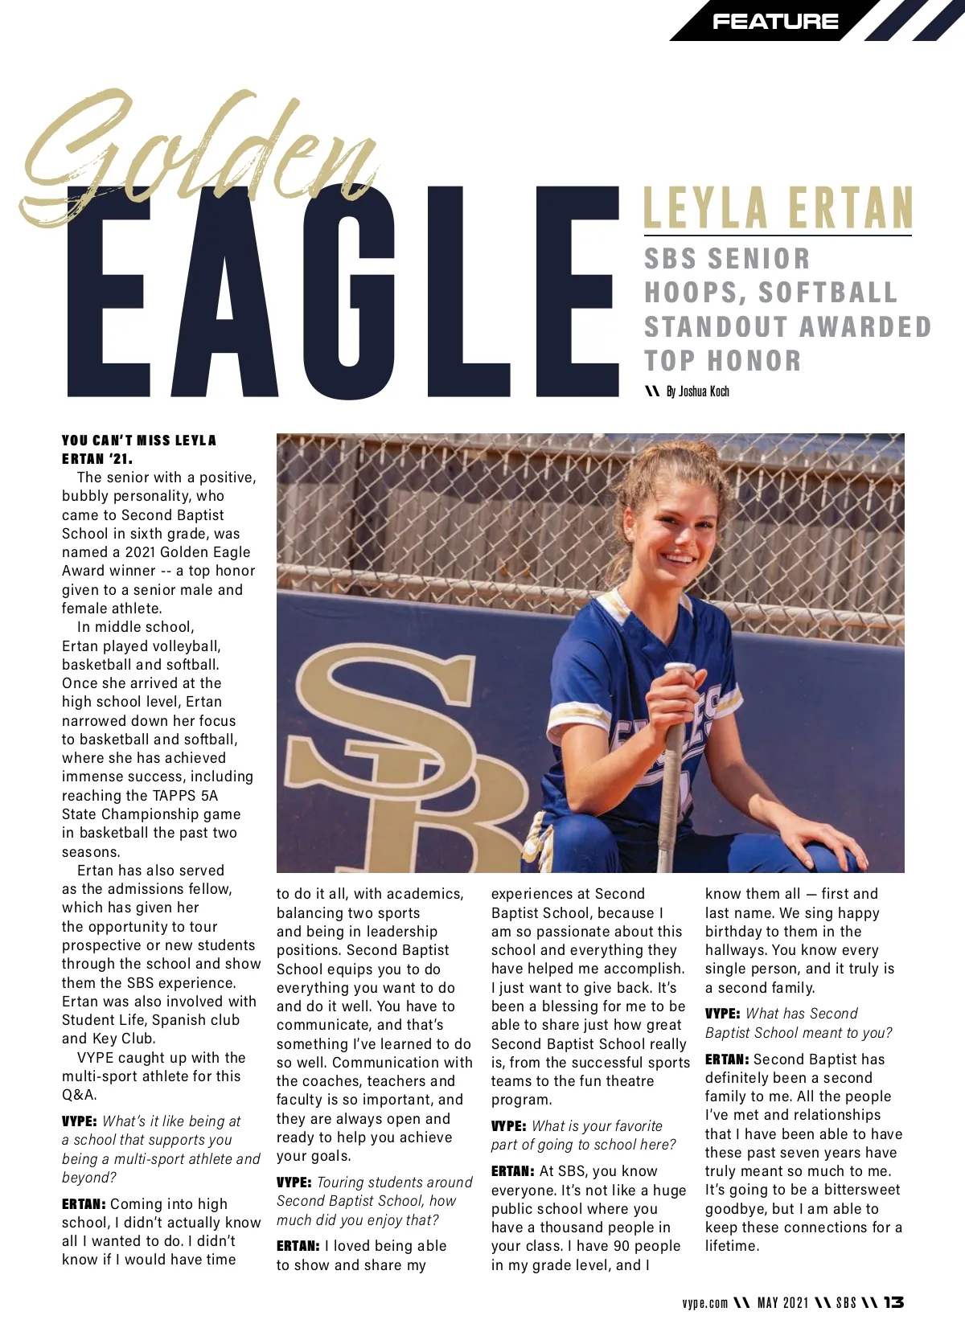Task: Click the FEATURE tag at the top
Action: pos(774,22)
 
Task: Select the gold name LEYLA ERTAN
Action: pos(778,208)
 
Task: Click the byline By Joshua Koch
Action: pos(696,391)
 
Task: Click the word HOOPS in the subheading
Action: pos(692,293)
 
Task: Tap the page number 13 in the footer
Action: pos(893,1302)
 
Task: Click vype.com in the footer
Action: pos(704,1303)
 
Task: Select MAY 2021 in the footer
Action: pos(782,1303)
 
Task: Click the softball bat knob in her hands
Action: pos(680,670)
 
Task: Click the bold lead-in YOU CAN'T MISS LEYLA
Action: pos(139,441)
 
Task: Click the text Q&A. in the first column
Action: pos(79,1095)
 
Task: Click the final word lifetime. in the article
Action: pos(732,1246)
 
